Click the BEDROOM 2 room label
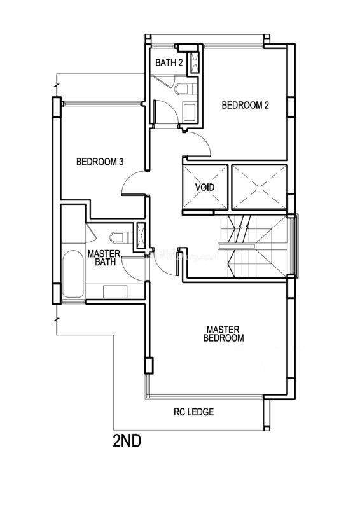pyautogui.click(x=245, y=105)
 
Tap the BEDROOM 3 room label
pyautogui.click(x=100, y=162)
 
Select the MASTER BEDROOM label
pyautogui.click(x=224, y=334)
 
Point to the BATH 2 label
pyautogui.click(x=169, y=62)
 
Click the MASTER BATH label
pyautogui.click(x=104, y=258)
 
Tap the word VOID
pyautogui.click(x=205, y=187)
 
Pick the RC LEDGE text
pyautogui.click(x=194, y=412)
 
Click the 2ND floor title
pyautogui.click(x=127, y=441)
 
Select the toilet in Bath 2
pyautogui.click(x=185, y=89)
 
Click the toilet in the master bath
pyautogui.click(x=121, y=237)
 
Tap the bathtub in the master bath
pyautogui.click(x=73, y=274)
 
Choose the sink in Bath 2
pyautogui.click(x=190, y=112)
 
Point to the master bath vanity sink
pyautogui.click(x=115, y=291)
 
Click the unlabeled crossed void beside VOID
pyautogui.click(x=260, y=187)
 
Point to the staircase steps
pyautogui.click(x=254, y=246)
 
